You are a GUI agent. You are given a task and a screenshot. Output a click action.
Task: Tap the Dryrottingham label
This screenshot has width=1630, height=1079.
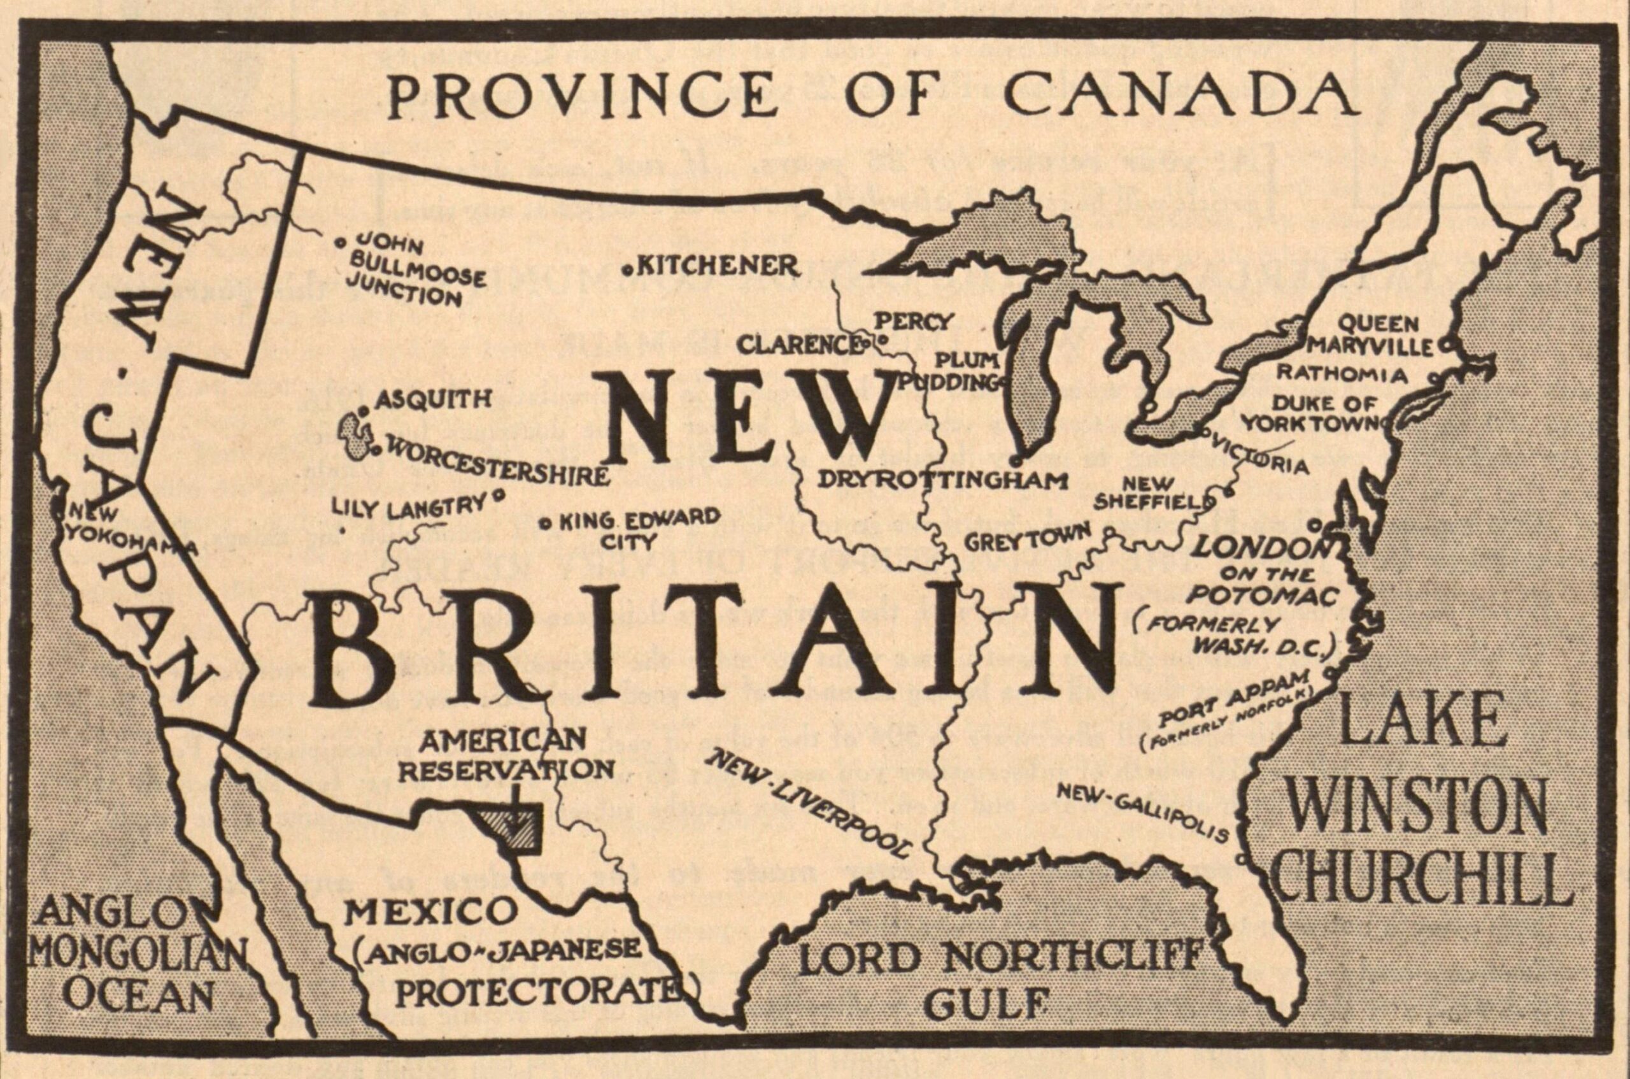click(x=942, y=480)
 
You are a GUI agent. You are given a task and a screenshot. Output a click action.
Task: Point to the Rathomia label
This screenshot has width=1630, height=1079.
click(x=1341, y=375)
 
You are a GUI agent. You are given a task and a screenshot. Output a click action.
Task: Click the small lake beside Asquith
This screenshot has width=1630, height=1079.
click(x=358, y=435)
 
